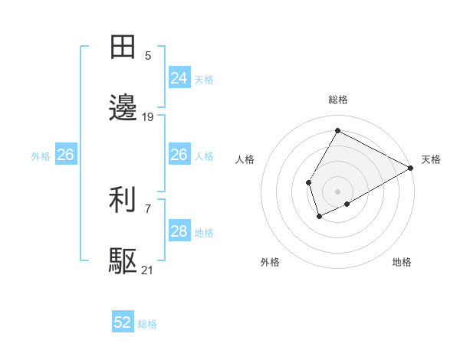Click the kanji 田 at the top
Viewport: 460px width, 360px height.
tap(123, 47)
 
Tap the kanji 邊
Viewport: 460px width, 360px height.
tap(123, 109)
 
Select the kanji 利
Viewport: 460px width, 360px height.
tap(123, 201)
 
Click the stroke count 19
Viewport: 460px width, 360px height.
tap(148, 116)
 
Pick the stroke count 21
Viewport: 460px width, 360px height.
tap(148, 270)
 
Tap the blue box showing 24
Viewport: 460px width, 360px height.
tap(179, 78)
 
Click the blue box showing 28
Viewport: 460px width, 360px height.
tap(179, 231)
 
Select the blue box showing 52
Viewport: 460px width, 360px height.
tap(123, 323)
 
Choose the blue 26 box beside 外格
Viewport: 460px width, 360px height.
tap(66, 155)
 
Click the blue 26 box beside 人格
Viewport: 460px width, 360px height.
tap(179, 155)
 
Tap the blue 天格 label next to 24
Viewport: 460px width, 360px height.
tap(204, 79)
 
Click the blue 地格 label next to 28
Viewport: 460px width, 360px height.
tap(204, 232)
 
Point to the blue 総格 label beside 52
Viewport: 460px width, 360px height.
tap(147, 324)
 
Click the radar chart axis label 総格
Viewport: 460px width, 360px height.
tap(337, 100)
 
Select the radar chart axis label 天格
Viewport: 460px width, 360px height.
tap(431, 159)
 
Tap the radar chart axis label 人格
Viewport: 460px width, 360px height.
tap(245, 159)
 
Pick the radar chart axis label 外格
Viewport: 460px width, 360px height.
tap(270, 262)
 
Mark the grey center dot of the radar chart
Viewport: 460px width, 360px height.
tap(337, 191)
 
